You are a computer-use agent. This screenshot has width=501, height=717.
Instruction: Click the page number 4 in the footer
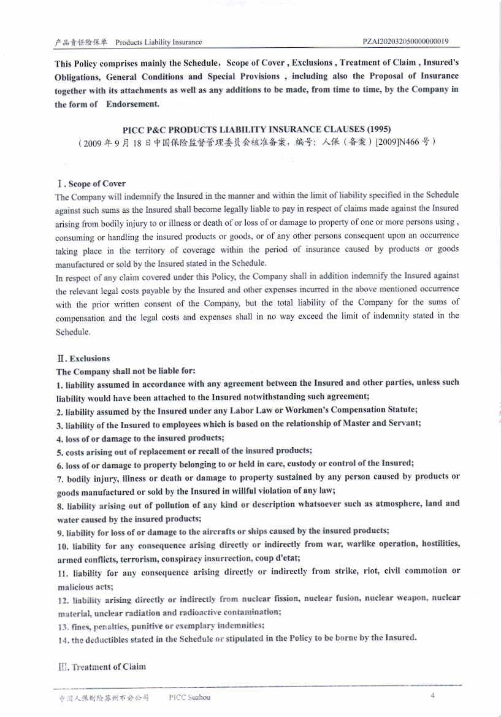coord(432,696)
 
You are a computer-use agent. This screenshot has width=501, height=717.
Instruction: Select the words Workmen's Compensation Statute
coord(343,410)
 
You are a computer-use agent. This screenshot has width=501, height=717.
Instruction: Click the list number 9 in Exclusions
coord(58,531)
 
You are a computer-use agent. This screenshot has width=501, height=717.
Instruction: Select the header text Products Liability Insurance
coord(159,42)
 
